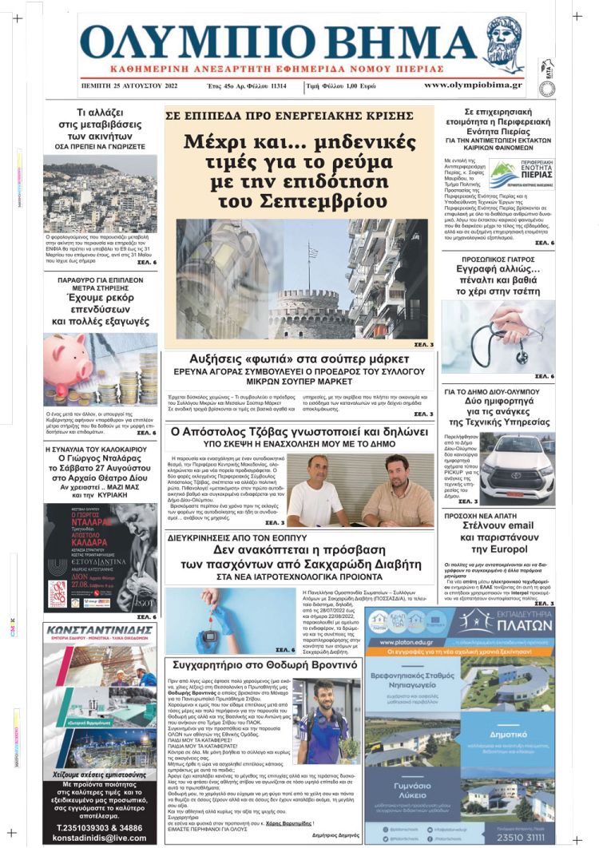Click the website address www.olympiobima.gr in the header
[x=473, y=84]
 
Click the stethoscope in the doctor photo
[x=487, y=334]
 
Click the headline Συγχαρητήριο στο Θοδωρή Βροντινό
[x=264, y=664]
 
